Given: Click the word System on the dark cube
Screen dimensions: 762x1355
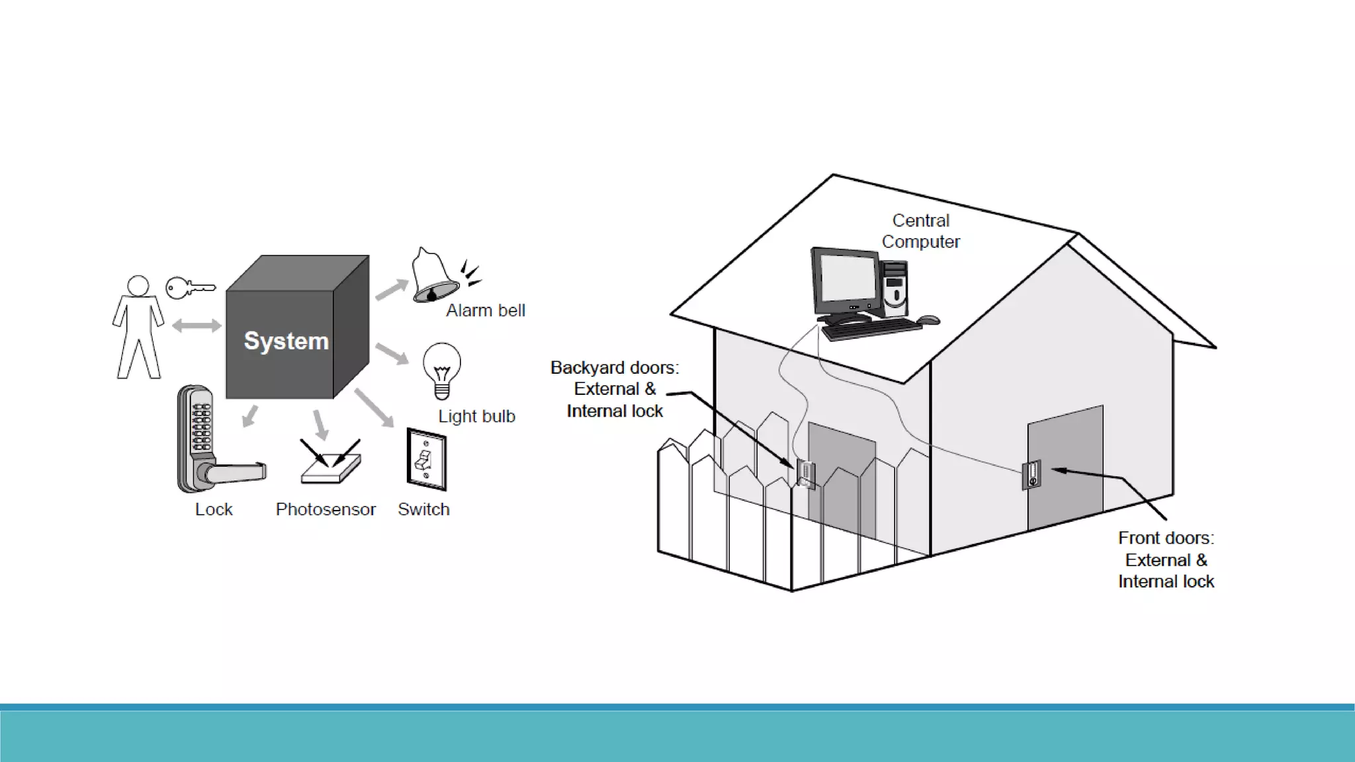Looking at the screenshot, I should tap(286, 341).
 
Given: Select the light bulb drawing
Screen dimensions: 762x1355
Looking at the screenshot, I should tap(441, 370).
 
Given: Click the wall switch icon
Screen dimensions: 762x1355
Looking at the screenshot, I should tap(426, 460).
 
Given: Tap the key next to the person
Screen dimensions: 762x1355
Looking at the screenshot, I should tap(189, 288).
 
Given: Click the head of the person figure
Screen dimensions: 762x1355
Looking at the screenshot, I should tap(138, 286).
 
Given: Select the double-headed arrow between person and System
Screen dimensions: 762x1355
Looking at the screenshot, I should tap(197, 325).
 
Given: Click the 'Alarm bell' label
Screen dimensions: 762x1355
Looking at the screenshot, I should tap(485, 310).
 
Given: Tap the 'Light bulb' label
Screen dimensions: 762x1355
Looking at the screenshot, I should tap(476, 416).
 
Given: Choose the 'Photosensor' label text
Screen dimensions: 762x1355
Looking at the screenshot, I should tap(326, 509).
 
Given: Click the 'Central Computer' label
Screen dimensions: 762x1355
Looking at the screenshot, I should tap(920, 231).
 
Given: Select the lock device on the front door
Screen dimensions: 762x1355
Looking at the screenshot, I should tap(1031, 474).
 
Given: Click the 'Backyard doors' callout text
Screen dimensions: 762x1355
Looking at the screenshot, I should tap(615, 389).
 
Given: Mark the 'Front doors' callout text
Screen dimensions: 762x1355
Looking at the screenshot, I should tap(1166, 560).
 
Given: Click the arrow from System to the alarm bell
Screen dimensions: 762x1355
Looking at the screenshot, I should tap(392, 289).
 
